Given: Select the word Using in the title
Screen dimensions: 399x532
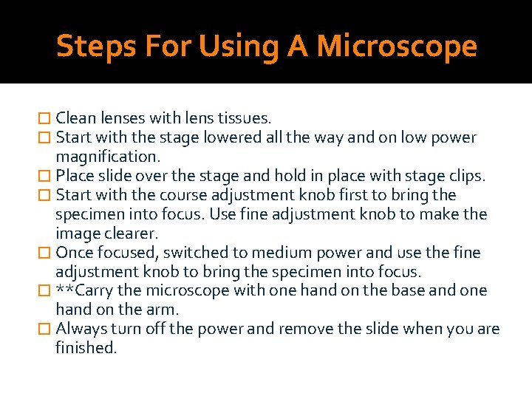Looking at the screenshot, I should point(240,47).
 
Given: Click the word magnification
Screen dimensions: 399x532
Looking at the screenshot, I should point(108,157).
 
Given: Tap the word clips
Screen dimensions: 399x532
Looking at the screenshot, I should point(465,176).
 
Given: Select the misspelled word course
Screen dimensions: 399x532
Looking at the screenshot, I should point(184,195).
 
